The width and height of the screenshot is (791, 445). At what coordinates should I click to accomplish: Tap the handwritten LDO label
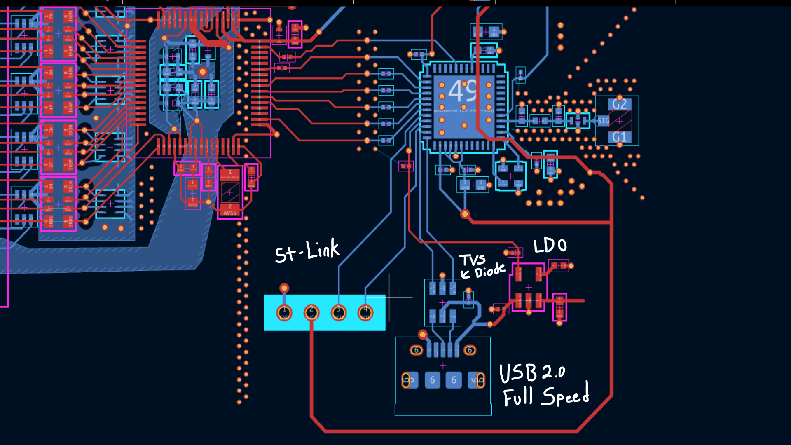550,246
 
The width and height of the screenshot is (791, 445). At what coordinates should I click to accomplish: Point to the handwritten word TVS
473,260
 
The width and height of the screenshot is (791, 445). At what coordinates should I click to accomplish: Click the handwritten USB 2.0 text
532,372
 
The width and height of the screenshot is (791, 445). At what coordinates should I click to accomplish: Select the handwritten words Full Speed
546,396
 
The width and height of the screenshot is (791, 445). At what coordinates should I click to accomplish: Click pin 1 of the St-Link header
284,313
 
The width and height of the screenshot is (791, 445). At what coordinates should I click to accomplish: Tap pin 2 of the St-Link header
311,313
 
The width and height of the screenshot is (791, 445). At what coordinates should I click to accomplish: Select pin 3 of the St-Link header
339,313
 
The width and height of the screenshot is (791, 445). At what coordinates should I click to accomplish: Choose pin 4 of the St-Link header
365,313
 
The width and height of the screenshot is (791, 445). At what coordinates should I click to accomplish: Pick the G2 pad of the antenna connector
619,104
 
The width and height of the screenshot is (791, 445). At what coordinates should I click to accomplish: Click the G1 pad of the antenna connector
619,137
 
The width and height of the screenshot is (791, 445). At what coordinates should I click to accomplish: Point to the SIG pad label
603,121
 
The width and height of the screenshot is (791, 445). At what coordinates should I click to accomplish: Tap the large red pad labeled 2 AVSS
230,210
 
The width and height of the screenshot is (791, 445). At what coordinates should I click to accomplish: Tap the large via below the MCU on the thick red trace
465,214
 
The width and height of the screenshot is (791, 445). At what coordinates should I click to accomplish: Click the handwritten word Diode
490,271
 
